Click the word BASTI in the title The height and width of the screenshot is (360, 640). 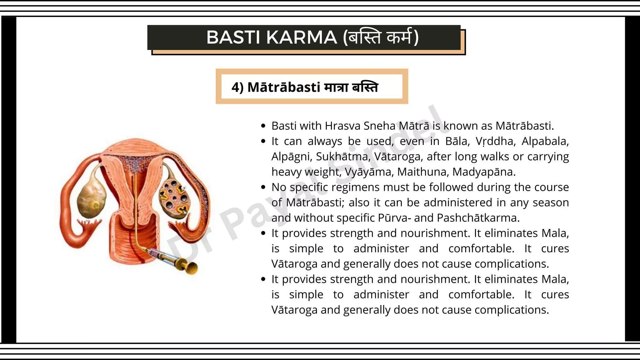[232, 37]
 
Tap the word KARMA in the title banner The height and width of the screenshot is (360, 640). [302, 37]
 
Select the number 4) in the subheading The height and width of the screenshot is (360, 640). [237, 87]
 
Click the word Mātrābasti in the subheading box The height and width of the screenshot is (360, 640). [284, 87]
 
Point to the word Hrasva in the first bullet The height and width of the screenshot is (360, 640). [343, 126]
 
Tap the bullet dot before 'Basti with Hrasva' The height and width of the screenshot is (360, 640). [263, 126]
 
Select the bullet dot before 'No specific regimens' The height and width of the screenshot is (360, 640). [263, 187]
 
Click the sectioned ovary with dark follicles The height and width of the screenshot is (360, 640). [174, 198]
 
